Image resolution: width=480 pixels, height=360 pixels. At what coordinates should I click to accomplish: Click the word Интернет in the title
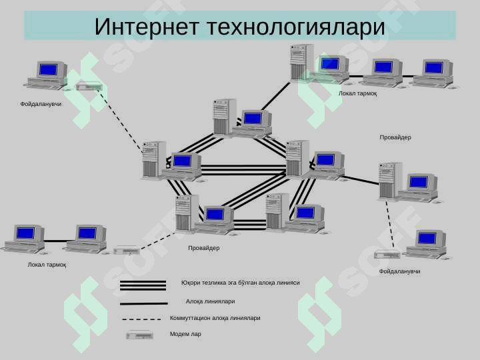pos(147,27)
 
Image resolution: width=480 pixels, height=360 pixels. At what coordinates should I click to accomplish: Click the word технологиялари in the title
pos(296,27)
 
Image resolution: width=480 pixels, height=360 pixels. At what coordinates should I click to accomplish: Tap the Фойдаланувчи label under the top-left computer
pos(41,104)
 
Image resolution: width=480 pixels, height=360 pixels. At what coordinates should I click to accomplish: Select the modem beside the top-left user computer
pos(89,86)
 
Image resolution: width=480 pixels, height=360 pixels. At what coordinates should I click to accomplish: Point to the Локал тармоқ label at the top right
pos(357,93)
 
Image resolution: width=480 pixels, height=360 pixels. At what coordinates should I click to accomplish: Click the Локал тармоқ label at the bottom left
pos(47,265)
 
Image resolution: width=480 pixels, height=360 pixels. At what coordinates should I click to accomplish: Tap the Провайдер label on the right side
pos(395,137)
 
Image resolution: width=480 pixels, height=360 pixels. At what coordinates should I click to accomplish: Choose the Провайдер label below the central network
pos(203,248)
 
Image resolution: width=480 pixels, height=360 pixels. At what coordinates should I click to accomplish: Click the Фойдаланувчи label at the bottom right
pos(399,271)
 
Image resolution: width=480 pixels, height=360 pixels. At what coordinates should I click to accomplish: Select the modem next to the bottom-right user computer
pos(387,254)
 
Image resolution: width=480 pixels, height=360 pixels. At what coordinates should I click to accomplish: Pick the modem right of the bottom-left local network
pos(127,250)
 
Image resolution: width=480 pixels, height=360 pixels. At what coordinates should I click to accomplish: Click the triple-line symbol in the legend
pos(143,285)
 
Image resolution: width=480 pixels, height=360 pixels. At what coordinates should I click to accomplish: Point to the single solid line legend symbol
pos(143,304)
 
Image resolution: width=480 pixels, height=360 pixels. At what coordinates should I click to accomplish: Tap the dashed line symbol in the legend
pos(141,319)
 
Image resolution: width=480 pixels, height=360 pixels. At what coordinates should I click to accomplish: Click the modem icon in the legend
pos(139,335)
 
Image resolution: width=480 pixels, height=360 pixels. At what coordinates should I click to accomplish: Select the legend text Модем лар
pos(185,334)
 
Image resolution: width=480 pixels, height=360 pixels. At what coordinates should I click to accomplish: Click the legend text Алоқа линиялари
pos(210,301)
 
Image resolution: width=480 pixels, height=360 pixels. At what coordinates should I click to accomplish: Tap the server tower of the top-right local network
pos(302,62)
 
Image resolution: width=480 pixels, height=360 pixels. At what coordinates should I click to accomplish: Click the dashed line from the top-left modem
pos(120,120)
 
